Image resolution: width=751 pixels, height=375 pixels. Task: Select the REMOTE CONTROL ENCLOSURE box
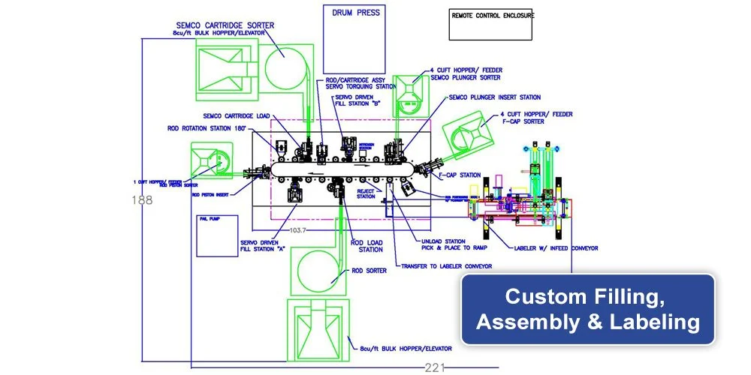tap(491, 25)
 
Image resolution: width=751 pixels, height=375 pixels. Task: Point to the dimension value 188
tap(141, 200)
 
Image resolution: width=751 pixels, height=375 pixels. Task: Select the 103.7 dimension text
tap(298, 229)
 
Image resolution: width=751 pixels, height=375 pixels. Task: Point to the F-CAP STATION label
tap(460, 175)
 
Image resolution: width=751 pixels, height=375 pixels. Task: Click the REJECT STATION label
tap(366, 194)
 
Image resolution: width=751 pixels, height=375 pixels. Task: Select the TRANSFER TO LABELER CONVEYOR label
tap(446, 266)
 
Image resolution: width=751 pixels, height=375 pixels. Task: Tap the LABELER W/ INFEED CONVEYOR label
tap(556, 247)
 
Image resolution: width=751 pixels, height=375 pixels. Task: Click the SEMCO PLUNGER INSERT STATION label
tap(494, 97)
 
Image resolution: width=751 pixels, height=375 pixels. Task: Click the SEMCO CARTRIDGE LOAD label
tap(237, 115)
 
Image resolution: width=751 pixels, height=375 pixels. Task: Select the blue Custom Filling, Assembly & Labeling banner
tap(587, 310)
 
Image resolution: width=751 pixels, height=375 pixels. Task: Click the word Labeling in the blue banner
tap(662, 322)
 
